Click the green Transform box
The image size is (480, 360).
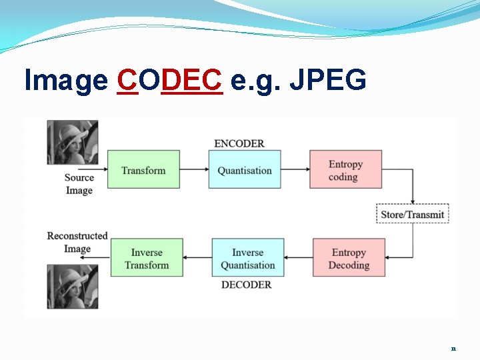(x=143, y=169)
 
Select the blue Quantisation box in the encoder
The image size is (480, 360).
(x=245, y=169)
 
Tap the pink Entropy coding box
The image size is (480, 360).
(x=345, y=169)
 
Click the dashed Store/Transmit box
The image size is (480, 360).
(x=413, y=214)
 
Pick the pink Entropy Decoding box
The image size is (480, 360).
(x=349, y=258)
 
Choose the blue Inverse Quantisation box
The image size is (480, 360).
(x=247, y=258)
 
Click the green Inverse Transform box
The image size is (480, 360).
(x=146, y=258)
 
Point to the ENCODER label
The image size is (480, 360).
(x=239, y=143)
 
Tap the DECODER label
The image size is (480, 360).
(x=246, y=285)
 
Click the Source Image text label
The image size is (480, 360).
(x=79, y=183)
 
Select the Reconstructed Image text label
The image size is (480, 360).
(x=77, y=242)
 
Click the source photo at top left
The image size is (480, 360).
(x=72, y=142)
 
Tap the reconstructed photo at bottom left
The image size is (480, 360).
(x=72, y=287)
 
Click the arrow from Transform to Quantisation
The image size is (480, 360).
(x=194, y=169)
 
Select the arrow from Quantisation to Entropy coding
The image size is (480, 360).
(x=295, y=169)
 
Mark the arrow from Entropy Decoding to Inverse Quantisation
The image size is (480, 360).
(x=298, y=258)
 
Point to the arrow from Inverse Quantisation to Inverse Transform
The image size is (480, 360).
(x=197, y=258)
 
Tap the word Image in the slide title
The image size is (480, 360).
(x=66, y=81)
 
